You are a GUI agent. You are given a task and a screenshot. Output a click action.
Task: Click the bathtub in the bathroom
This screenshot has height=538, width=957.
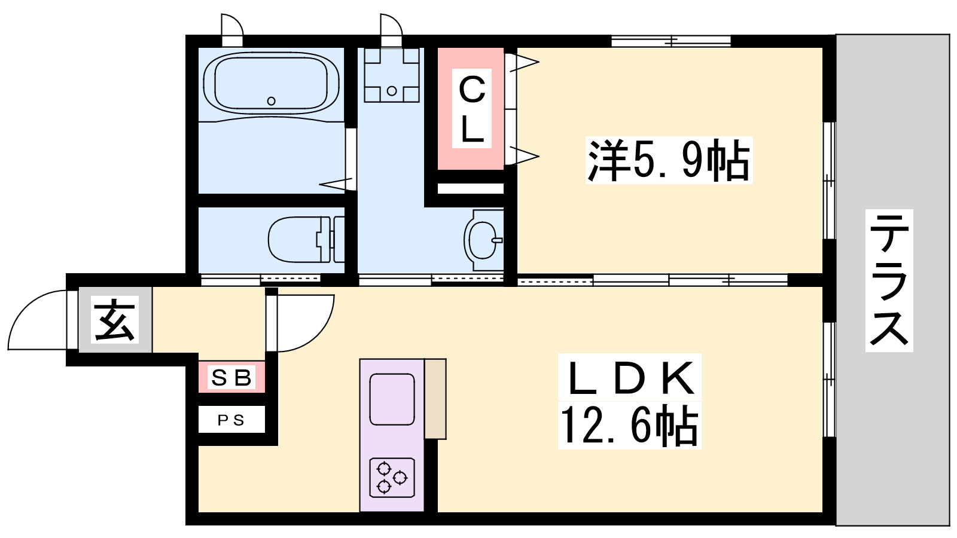coord(272,84)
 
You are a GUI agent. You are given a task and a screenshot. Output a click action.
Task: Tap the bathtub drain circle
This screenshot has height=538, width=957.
coord(271,101)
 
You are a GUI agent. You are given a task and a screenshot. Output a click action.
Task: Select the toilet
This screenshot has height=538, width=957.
coord(306,239)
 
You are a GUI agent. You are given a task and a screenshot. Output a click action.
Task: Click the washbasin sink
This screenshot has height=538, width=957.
coord(484,240)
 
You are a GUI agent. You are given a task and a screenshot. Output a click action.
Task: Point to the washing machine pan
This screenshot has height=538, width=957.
coord(391,75)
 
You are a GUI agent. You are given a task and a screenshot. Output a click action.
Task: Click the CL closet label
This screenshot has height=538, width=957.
coord(472,109)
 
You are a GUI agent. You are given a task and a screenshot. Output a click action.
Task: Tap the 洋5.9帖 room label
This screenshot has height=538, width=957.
coord(669,161)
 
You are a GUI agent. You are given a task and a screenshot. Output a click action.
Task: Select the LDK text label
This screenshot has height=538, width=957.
coord(630,377)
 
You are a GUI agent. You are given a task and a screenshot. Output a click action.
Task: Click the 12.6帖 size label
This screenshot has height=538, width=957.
coord(629,425)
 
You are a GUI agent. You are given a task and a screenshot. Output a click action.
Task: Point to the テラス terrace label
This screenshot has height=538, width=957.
coord(889,280)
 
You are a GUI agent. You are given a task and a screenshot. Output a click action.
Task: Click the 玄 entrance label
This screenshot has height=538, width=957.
coord(114,319)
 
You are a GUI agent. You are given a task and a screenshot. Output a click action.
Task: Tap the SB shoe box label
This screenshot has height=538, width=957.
coord(231,377)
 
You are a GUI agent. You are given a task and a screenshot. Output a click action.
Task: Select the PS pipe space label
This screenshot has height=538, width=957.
coord(231,421)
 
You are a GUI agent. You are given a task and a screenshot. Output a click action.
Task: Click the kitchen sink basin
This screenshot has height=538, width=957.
coord(392,399)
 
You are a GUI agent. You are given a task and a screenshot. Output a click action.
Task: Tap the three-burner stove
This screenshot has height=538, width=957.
coord(392,478)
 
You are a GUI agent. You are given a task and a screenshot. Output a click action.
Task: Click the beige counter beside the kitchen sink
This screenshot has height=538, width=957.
coord(435,399)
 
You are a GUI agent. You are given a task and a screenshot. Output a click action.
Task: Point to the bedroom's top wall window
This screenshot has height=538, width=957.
coord(670,41)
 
